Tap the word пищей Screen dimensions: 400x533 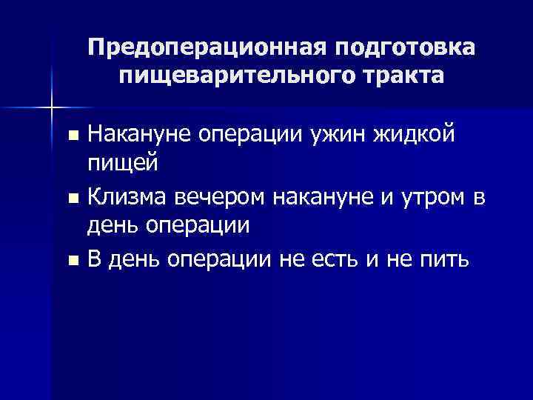click(122, 164)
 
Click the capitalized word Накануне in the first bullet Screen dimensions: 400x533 click(136, 134)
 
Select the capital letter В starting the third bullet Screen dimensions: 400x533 click(93, 259)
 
